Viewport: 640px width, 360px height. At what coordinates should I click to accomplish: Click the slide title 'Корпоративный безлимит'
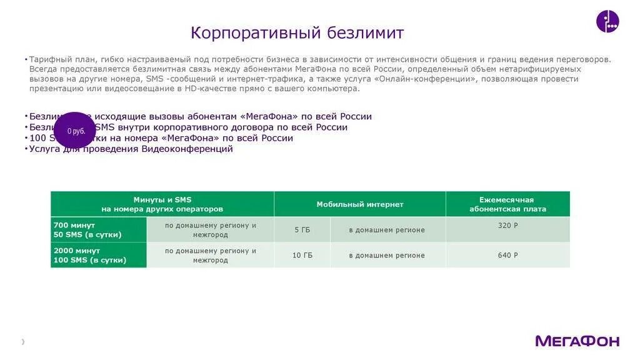pyautogui.click(x=297, y=32)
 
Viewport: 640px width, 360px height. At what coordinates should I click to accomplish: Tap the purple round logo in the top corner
pyautogui.click(x=607, y=21)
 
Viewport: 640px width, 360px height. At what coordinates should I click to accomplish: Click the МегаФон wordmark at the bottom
pyautogui.click(x=577, y=341)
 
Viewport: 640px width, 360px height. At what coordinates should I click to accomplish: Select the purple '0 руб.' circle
pyautogui.click(x=75, y=131)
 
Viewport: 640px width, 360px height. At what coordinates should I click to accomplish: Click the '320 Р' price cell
pyautogui.click(x=507, y=225)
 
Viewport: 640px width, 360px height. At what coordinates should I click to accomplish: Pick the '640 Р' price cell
pyautogui.click(x=507, y=255)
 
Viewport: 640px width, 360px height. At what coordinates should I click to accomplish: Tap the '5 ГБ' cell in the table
pyautogui.click(x=302, y=230)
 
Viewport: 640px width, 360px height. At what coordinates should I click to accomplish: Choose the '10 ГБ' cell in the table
pyautogui.click(x=302, y=255)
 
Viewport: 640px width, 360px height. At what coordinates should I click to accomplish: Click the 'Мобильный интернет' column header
pyautogui.click(x=359, y=204)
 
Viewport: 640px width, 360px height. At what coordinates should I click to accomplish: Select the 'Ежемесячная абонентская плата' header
pyautogui.click(x=507, y=204)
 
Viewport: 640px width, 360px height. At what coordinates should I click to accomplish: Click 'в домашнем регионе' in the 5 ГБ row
pyautogui.click(x=387, y=230)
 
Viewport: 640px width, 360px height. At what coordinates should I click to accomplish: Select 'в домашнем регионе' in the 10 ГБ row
pyautogui.click(x=387, y=255)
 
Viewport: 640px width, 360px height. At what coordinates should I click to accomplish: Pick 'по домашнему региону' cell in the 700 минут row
pyautogui.click(x=210, y=229)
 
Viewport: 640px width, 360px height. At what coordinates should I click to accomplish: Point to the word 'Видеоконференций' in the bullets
pyautogui.click(x=187, y=149)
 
